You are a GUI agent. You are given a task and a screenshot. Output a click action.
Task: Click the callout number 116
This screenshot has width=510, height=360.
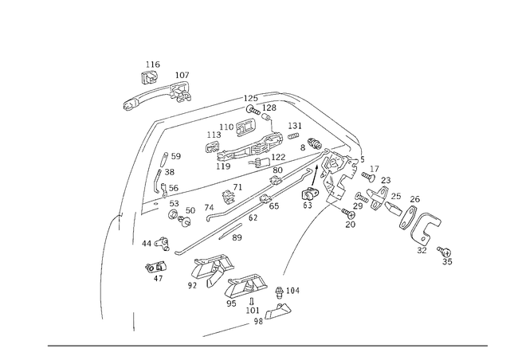[152, 65]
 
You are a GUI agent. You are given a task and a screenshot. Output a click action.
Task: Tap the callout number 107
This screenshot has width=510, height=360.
[182, 75]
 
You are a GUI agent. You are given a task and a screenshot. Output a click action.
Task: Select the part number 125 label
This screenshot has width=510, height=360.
[250, 98]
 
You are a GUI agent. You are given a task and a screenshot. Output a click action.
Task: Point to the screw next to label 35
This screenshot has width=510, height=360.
[445, 252]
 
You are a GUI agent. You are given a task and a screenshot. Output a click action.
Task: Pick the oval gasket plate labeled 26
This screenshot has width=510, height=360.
[408, 218]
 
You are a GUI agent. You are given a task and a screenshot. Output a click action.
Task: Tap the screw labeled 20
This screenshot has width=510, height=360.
[348, 213]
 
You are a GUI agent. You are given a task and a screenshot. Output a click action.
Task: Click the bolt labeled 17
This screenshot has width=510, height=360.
[368, 177]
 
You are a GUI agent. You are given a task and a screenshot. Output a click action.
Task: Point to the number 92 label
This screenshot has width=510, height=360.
[192, 285]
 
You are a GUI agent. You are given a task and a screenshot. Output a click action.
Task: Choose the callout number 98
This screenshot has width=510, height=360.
[258, 321]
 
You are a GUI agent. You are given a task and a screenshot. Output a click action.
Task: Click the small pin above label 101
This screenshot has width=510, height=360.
[252, 302]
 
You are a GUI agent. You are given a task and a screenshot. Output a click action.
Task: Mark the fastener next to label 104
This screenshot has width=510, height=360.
[279, 292]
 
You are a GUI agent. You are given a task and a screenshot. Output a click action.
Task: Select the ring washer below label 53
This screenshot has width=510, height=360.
[173, 214]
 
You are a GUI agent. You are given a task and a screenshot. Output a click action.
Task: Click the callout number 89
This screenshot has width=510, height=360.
[237, 237]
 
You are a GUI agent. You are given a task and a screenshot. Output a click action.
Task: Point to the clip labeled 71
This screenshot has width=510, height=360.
[229, 197]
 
